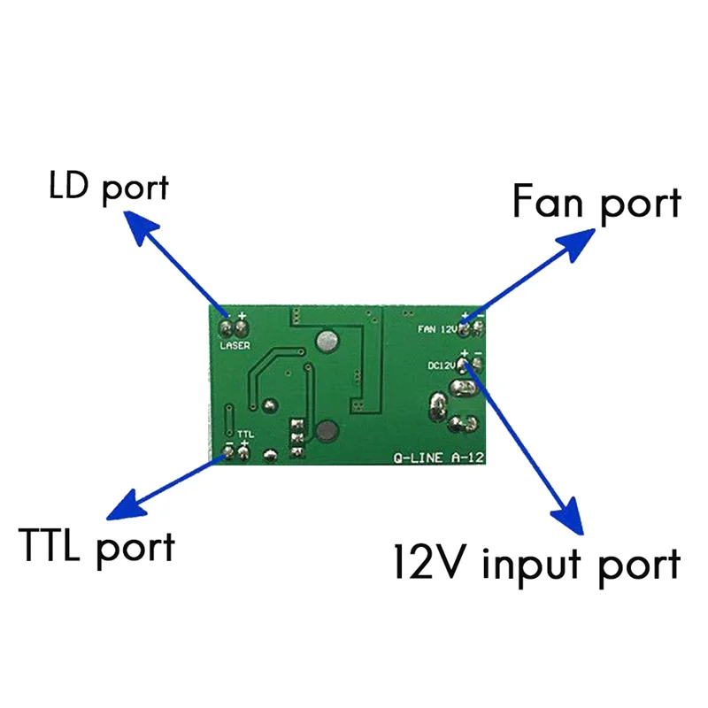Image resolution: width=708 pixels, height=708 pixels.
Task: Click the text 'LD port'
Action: pyautogui.click(x=107, y=188)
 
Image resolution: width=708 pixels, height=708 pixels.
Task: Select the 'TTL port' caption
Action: pyautogui.click(x=96, y=545)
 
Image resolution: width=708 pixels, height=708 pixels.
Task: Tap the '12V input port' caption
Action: pyautogui.click(x=537, y=562)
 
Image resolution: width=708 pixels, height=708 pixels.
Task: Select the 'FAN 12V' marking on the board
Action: pyautogui.click(x=437, y=328)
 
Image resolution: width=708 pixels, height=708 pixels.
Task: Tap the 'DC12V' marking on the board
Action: pyautogui.click(x=440, y=364)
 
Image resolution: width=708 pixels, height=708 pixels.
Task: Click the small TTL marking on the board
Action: pyautogui.click(x=246, y=434)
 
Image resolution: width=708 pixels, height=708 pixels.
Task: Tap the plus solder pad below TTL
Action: pyautogui.click(x=244, y=454)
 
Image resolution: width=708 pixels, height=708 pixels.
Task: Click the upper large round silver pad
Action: pyautogui.click(x=327, y=338)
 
